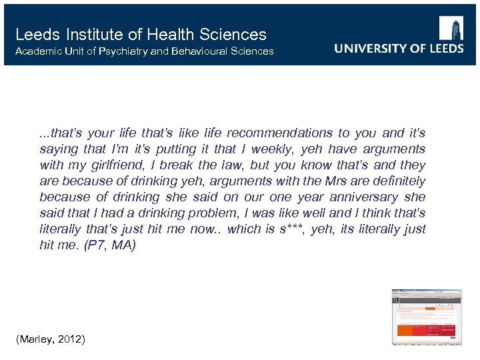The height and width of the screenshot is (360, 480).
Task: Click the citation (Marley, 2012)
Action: [50, 339]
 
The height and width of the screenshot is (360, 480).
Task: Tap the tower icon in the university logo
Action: [453, 30]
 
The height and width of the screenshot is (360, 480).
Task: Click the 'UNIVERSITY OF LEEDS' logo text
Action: [399, 49]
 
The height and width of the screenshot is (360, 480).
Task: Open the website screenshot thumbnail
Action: [427, 317]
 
